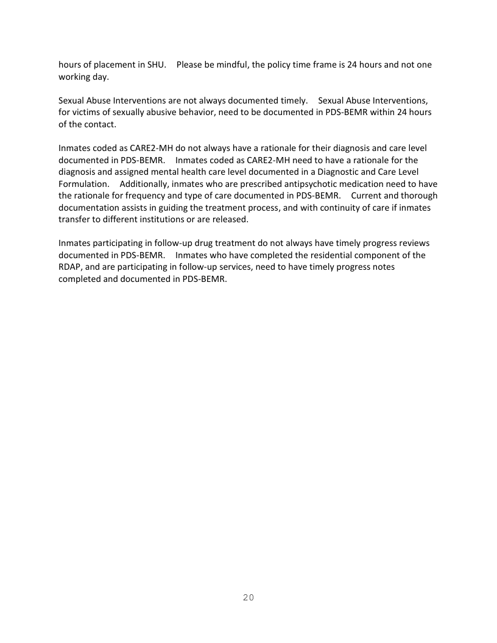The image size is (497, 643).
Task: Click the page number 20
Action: (x=248, y=597)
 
